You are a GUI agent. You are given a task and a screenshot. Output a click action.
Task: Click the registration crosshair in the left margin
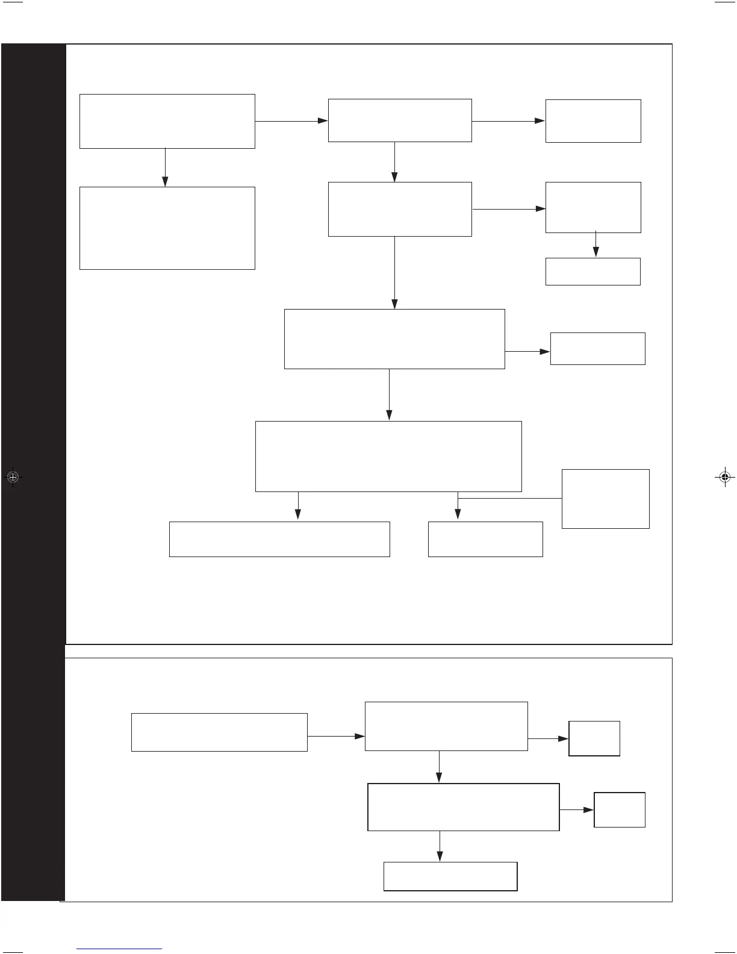point(13,477)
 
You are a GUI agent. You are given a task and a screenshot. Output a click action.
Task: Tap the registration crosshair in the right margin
point(724,477)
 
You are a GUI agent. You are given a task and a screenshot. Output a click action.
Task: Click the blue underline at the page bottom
point(120,949)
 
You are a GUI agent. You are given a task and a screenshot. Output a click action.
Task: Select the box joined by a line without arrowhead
point(605,499)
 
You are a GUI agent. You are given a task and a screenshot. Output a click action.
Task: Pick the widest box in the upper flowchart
point(388,457)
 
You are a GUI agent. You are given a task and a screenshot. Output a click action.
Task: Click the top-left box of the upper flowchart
point(167,121)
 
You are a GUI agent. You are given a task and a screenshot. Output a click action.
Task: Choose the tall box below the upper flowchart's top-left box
point(167,228)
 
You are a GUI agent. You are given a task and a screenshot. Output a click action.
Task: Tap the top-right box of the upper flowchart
point(592,121)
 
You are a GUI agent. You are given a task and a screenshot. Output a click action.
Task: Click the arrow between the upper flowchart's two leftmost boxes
point(165,167)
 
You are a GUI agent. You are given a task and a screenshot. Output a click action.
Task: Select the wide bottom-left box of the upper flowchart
point(279,539)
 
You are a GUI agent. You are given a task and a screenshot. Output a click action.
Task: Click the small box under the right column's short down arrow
point(592,272)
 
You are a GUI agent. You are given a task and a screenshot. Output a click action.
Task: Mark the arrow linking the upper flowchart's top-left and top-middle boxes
point(291,121)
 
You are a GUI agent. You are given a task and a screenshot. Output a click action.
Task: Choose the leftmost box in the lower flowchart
point(219,732)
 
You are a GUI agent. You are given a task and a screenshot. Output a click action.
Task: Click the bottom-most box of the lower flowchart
point(450,876)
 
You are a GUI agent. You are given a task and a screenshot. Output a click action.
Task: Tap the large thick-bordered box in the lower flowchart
point(463,807)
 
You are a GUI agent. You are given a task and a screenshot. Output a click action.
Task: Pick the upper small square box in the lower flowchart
point(594,738)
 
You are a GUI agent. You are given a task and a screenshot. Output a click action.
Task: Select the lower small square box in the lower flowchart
point(620,810)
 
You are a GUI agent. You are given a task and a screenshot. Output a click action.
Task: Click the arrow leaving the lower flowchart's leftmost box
point(336,736)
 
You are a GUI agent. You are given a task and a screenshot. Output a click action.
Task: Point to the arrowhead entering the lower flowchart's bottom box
point(440,856)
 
